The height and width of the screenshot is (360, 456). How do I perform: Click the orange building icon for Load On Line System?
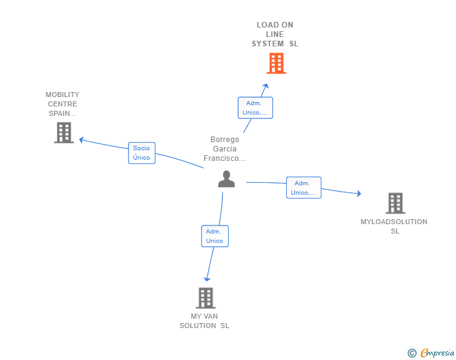(x=276, y=63)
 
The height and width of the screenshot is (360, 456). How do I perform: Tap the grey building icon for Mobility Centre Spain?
(x=63, y=133)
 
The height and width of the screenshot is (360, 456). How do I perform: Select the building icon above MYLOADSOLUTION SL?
(x=395, y=203)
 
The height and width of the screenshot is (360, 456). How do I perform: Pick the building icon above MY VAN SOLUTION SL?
(x=205, y=298)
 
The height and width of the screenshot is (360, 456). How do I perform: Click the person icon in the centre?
(x=226, y=179)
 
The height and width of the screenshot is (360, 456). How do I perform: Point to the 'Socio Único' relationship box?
(x=142, y=153)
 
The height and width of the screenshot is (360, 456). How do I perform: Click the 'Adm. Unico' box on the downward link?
(x=214, y=236)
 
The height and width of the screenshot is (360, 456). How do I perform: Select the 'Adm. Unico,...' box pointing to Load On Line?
(x=255, y=108)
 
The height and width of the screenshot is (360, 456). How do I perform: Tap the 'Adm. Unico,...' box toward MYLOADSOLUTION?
(x=303, y=188)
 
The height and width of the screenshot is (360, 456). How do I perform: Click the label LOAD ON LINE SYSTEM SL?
(x=275, y=34)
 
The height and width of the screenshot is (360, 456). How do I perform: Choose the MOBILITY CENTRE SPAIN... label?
(x=63, y=104)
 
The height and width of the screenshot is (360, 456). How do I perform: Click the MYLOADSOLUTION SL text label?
(x=394, y=226)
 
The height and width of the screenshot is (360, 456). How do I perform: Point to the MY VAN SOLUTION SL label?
(x=205, y=321)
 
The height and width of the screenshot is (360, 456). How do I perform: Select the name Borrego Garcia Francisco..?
(x=225, y=149)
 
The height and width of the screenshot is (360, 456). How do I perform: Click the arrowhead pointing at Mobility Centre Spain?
(x=81, y=140)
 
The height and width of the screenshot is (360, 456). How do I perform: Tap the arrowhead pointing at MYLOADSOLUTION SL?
(x=359, y=194)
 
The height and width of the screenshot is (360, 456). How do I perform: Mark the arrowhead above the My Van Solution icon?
(x=207, y=279)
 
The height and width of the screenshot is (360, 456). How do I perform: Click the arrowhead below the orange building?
(x=266, y=86)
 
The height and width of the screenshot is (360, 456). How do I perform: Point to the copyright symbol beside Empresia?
(x=412, y=353)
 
